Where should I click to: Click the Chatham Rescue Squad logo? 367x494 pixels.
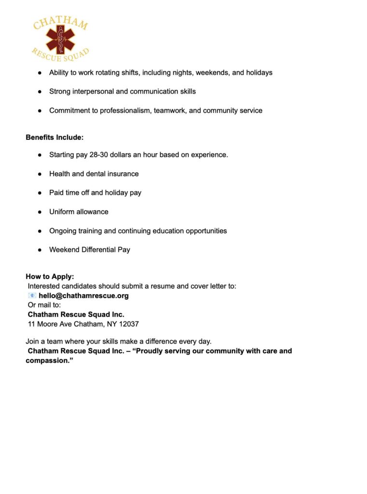tap(61, 39)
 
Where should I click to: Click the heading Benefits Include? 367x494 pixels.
tap(55, 137)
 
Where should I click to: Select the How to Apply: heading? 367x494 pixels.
tap(50, 276)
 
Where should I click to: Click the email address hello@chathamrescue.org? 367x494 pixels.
tap(84, 296)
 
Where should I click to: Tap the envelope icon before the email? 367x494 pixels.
tap(32, 296)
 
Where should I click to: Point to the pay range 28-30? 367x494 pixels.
tap(99, 155)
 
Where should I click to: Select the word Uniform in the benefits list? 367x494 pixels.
tap(62, 212)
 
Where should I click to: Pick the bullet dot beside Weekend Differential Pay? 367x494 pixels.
tap(40, 250)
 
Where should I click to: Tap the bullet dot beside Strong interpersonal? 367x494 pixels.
tap(40, 91)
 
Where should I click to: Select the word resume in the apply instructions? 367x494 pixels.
tap(146, 286)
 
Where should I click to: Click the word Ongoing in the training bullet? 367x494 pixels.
tap(63, 231)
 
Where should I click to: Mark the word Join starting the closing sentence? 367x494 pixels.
tap(33, 342)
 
